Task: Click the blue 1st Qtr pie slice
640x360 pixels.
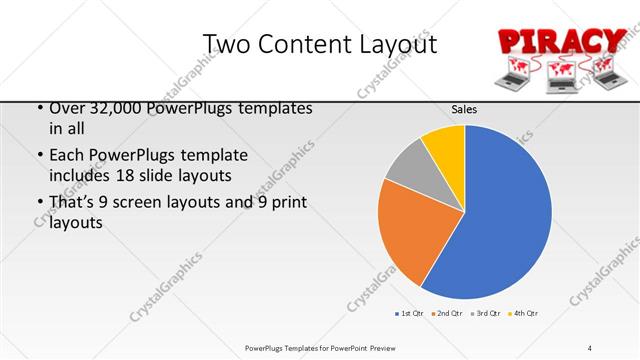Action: tap(500, 215)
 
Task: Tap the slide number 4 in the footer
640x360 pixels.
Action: tap(590, 347)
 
